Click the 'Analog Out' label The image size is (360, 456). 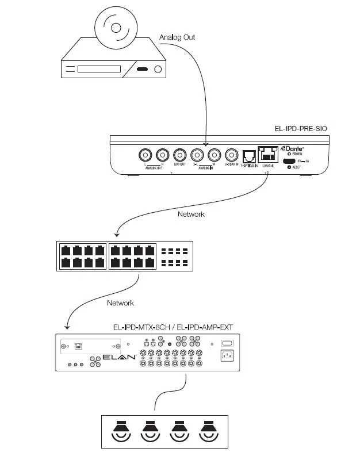(x=177, y=37)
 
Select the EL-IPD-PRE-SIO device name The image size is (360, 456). (x=301, y=129)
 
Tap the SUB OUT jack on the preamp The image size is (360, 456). (x=179, y=155)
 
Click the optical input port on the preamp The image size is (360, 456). (x=250, y=156)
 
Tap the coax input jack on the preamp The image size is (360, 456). (x=232, y=155)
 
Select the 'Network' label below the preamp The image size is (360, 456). (x=192, y=214)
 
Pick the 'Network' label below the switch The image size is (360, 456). (x=120, y=302)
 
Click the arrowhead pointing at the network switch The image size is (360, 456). (x=117, y=235)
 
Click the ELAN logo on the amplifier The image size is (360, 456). (x=119, y=358)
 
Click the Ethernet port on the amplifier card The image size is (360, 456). (x=78, y=347)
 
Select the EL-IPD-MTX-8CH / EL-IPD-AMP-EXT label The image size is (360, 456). (x=173, y=327)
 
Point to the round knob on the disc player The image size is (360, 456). (x=158, y=70)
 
